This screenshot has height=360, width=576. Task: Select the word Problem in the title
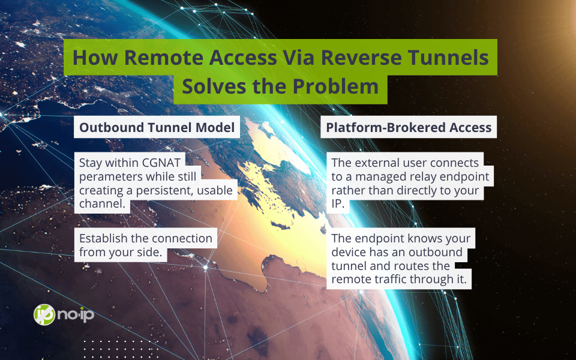pyautogui.click(x=335, y=86)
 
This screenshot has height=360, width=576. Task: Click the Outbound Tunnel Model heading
pyautogui.click(x=157, y=127)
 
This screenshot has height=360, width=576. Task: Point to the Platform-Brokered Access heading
pyautogui.click(x=409, y=127)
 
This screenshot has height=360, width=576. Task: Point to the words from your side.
pyautogui.click(x=121, y=253)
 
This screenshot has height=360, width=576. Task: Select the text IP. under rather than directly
pyautogui.click(x=338, y=203)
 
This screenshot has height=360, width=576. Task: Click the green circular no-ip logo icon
pyautogui.click(x=44, y=315)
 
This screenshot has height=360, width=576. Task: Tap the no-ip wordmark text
pyautogui.click(x=76, y=315)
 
